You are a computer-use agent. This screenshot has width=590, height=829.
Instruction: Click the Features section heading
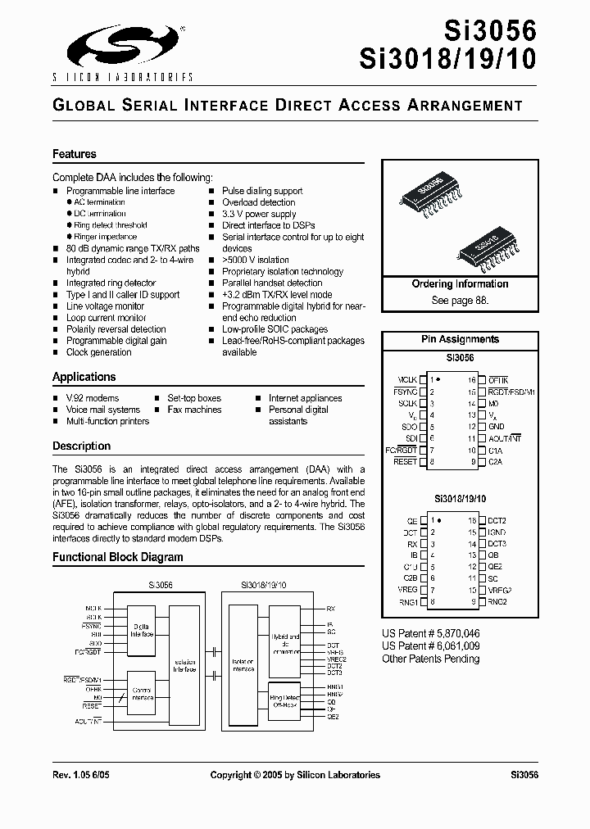point(75,154)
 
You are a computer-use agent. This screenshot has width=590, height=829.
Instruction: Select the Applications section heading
point(84,377)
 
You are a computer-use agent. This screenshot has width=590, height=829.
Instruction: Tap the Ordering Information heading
point(460,284)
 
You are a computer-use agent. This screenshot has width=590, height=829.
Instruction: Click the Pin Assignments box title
point(460,339)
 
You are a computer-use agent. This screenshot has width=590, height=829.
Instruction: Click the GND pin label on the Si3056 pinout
point(497,427)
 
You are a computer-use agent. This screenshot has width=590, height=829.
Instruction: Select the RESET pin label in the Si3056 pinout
point(405,462)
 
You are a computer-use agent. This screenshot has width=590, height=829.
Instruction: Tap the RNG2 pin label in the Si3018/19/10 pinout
point(498,602)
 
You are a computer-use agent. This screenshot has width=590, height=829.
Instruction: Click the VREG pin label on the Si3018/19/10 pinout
point(407,590)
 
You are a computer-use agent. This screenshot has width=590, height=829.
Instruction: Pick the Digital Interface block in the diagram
point(147,630)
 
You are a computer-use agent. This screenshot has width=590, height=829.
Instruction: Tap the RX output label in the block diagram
point(331,609)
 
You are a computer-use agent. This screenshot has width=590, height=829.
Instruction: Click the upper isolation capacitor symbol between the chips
point(214,651)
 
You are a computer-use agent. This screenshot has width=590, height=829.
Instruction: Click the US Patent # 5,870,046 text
point(431,634)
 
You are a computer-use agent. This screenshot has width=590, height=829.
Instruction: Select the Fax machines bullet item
point(194,410)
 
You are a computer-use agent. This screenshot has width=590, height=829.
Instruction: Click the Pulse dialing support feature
point(262,191)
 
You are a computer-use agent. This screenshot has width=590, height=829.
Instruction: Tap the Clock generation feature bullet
point(98,352)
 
